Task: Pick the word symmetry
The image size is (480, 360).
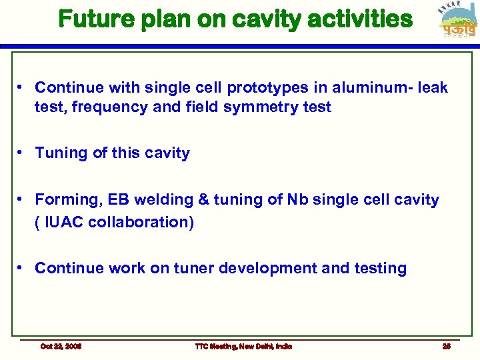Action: [260, 107]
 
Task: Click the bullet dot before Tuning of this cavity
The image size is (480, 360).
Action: [22, 153]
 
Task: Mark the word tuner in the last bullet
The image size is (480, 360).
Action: [193, 269]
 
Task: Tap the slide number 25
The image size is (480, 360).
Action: [446, 346]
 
